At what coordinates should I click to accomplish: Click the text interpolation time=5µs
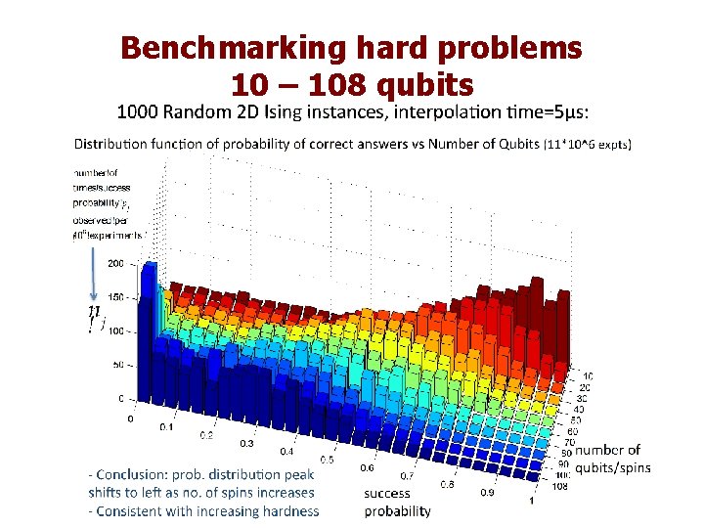pos(490,110)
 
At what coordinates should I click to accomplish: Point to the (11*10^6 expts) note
pos(588,145)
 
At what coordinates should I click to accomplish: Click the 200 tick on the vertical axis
pos(115,264)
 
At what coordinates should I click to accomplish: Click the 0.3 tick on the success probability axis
pos(245,443)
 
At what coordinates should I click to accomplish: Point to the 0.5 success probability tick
pos(327,459)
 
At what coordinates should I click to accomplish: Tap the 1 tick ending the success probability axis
pos(531,502)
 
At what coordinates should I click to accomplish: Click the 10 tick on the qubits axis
pos(587,375)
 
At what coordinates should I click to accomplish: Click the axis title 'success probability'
pos(397,502)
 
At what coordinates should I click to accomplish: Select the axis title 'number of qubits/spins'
pos(611,459)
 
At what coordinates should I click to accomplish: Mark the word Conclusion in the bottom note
pos(134,474)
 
